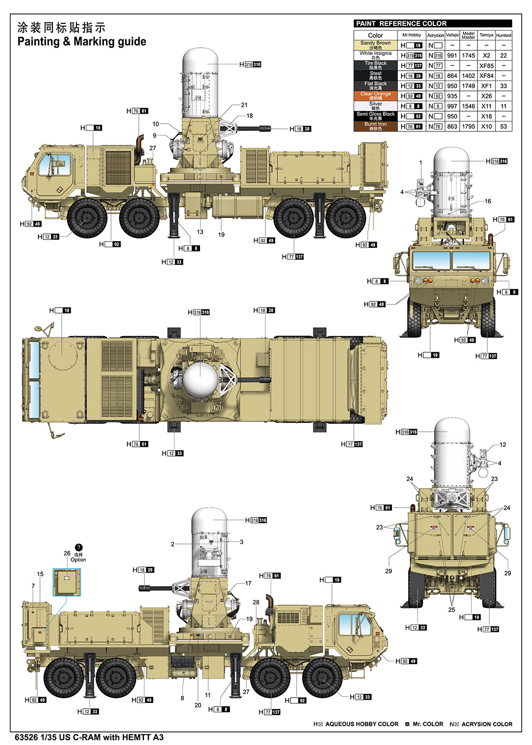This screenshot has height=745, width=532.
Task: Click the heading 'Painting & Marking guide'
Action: [x=82, y=42]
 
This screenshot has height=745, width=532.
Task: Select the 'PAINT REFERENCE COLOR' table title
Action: [x=401, y=23]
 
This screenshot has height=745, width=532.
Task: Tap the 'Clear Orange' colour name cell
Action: [x=376, y=96]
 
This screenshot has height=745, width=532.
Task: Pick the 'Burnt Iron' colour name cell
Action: [x=376, y=126]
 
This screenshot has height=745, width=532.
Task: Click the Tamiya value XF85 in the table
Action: [x=486, y=66]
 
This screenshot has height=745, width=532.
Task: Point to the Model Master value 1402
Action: [x=468, y=76]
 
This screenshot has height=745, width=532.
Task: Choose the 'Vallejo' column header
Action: [x=453, y=35]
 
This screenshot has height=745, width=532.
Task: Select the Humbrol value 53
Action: [x=503, y=126]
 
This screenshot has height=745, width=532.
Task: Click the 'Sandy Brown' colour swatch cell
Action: [x=376, y=45]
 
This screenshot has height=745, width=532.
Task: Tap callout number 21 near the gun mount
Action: [x=244, y=105]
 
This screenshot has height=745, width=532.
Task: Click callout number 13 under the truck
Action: [x=200, y=232]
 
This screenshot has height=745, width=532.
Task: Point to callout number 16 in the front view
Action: [x=487, y=201]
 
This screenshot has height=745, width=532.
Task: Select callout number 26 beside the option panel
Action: [x=67, y=553]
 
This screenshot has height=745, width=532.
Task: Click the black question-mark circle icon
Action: [x=78, y=547]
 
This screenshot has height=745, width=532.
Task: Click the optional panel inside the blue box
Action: [x=67, y=582]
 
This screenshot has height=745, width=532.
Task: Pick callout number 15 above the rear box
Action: [x=40, y=574]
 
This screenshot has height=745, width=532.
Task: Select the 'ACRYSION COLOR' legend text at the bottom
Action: [x=487, y=724]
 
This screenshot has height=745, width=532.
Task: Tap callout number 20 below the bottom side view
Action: [x=197, y=705]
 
